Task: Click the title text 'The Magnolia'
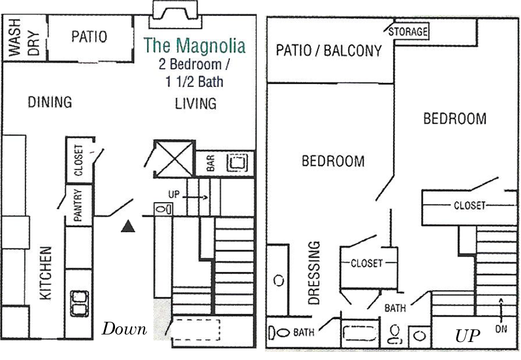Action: click(195, 45)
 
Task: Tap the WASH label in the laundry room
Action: click(15, 37)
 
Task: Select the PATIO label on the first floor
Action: click(89, 37)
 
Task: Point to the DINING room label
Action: click(50, 102)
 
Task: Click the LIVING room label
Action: click(196, 103)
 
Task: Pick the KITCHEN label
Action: click(46, 273)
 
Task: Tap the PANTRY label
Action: click(77, 205)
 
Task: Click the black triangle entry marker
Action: click(128, 226)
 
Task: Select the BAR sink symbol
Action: click(236, 163)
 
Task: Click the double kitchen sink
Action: click(80, 304)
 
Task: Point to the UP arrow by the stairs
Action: click(195, 197)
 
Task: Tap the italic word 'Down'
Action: click(124, 329)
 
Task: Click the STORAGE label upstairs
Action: click(408, 31)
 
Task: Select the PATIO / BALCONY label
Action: click(329, 51)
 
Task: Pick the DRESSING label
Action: click(314, 273)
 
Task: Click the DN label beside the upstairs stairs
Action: click(501, 329)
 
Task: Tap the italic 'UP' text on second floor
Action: click(467, 336)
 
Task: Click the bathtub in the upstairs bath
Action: click(360, 333)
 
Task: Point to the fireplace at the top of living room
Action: click(175, 15)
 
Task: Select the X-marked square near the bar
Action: click(174, 159)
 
